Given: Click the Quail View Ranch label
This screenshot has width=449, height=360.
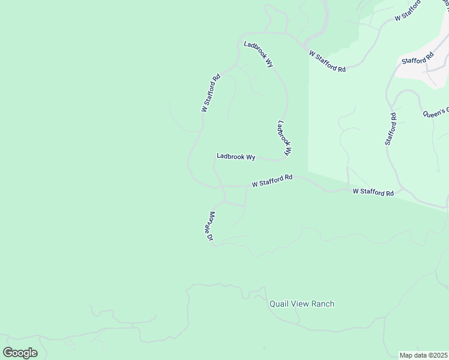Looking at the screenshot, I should (301, 304).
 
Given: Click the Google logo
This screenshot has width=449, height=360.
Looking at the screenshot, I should (20, 353).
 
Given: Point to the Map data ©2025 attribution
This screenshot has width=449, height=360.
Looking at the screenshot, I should (423, 355).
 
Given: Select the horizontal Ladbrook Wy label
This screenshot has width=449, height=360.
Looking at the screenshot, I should (236, 157).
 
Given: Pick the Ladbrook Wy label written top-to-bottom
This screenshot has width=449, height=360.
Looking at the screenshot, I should (284, 139).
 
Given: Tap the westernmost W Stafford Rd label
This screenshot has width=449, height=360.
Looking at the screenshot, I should (211, 94).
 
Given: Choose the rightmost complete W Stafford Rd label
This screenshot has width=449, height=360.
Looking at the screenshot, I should (373, 192).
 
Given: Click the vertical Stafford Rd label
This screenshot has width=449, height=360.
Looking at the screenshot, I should (391, 129).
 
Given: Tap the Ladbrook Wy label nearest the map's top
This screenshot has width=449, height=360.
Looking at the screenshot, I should (258, 53).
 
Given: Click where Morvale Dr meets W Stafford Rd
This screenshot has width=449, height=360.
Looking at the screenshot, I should (223, 187).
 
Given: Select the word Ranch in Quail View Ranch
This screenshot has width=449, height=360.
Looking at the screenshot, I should (322, 304).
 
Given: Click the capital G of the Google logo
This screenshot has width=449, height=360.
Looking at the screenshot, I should (8, 353).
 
